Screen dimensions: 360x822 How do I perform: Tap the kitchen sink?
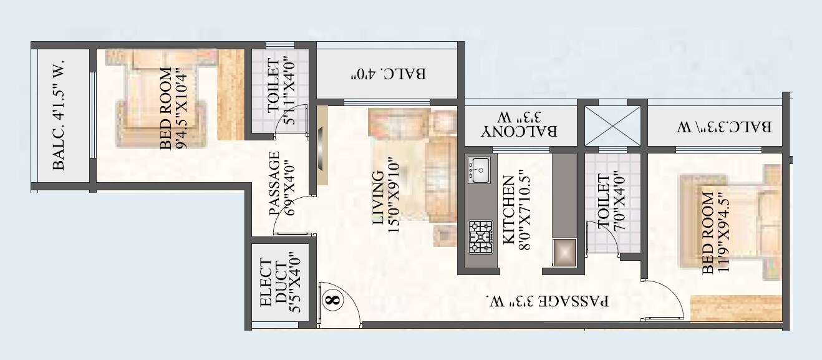point(480,170)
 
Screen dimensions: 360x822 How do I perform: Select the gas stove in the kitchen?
point(480,237)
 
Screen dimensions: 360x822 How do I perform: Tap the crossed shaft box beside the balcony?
point(612,125)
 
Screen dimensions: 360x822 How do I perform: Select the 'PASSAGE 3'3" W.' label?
point(548,301)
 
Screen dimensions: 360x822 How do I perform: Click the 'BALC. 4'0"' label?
point(387,74)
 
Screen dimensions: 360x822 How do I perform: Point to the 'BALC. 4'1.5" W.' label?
point(59,118)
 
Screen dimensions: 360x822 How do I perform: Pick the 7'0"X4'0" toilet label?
point(611,203)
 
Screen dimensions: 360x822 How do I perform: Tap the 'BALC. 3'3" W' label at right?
point(725,127)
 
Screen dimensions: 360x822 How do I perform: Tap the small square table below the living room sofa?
point(445,235)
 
